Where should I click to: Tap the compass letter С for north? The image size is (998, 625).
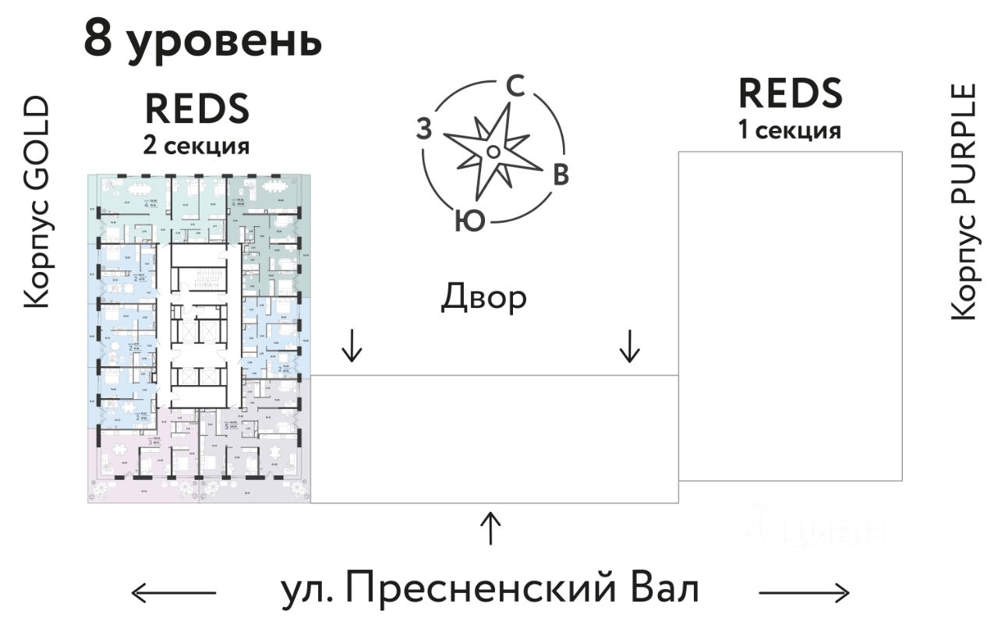[515, 86]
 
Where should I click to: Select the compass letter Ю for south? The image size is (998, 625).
[471, 221]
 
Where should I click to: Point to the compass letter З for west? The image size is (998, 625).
[423, 129]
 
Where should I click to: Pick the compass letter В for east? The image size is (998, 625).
[560, 175]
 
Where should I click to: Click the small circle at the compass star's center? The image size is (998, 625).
[493, 150]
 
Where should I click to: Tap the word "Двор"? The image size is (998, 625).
[483, 298]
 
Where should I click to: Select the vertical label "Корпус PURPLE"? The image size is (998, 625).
[964, 202]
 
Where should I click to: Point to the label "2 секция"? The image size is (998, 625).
[196, 145]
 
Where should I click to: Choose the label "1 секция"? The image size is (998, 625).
[790, 129]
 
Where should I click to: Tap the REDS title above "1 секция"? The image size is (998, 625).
[790, 94]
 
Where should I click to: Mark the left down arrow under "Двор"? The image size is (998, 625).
[352, 346]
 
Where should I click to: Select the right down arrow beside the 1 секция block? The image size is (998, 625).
[628, 346]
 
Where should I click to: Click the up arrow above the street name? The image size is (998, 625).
[490, 529]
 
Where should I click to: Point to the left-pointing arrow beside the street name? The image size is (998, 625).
[173, 593]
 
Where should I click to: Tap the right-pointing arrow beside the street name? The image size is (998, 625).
[804, 593]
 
